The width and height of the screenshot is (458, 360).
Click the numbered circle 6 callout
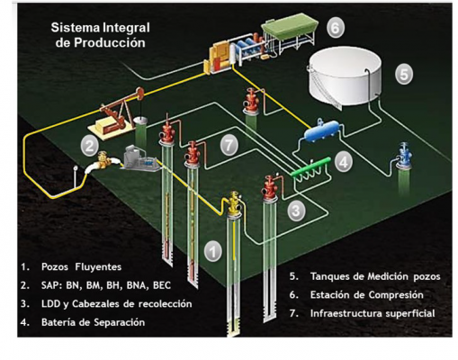[335, 28]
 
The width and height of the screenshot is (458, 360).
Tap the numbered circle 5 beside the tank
[404, 74]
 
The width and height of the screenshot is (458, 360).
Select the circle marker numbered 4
[344, 162]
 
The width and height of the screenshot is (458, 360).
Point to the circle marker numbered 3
[296, 211]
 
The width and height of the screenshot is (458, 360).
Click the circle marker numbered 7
[229, 146]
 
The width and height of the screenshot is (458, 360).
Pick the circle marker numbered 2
[89, 147]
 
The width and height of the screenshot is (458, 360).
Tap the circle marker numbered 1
[213, 251]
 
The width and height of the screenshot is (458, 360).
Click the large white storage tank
[345, 78]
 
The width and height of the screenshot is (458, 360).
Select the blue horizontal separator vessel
[322, 130]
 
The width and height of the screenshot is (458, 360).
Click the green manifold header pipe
[311, 166]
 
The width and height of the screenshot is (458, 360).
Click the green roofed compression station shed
[290, 26]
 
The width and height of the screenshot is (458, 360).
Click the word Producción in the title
[110, 42]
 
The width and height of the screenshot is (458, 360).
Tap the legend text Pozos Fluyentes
[81, 266]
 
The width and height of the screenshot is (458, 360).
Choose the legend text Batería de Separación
[93, 322]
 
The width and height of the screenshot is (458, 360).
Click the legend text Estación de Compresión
[366, 295]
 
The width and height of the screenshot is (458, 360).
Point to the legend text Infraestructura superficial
[373, 313]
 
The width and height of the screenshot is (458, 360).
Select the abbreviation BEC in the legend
[162, 285]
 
